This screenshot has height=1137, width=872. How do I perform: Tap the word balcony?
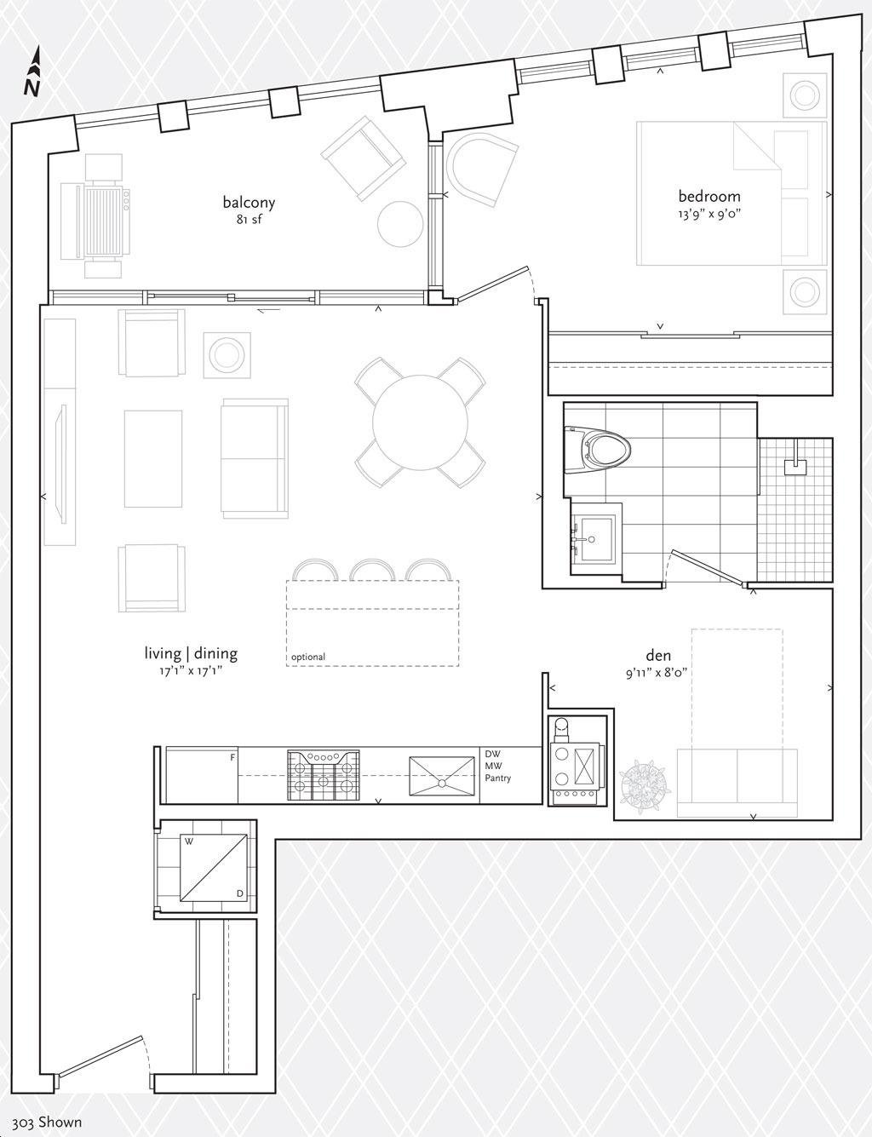(249, 203)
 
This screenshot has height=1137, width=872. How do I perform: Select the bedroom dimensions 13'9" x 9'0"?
(710, 214)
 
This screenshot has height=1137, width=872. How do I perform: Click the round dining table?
(420, 422)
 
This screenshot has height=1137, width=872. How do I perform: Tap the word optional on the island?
(308, 657)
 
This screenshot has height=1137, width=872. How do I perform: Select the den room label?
(658, 655)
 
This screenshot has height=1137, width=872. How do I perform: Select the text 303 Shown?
(47, 1123)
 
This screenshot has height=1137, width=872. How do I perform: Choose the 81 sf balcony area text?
(249, 220)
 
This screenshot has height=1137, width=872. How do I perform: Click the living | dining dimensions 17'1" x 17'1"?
(191, 671)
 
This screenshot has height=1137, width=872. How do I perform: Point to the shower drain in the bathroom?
(795, 468)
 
